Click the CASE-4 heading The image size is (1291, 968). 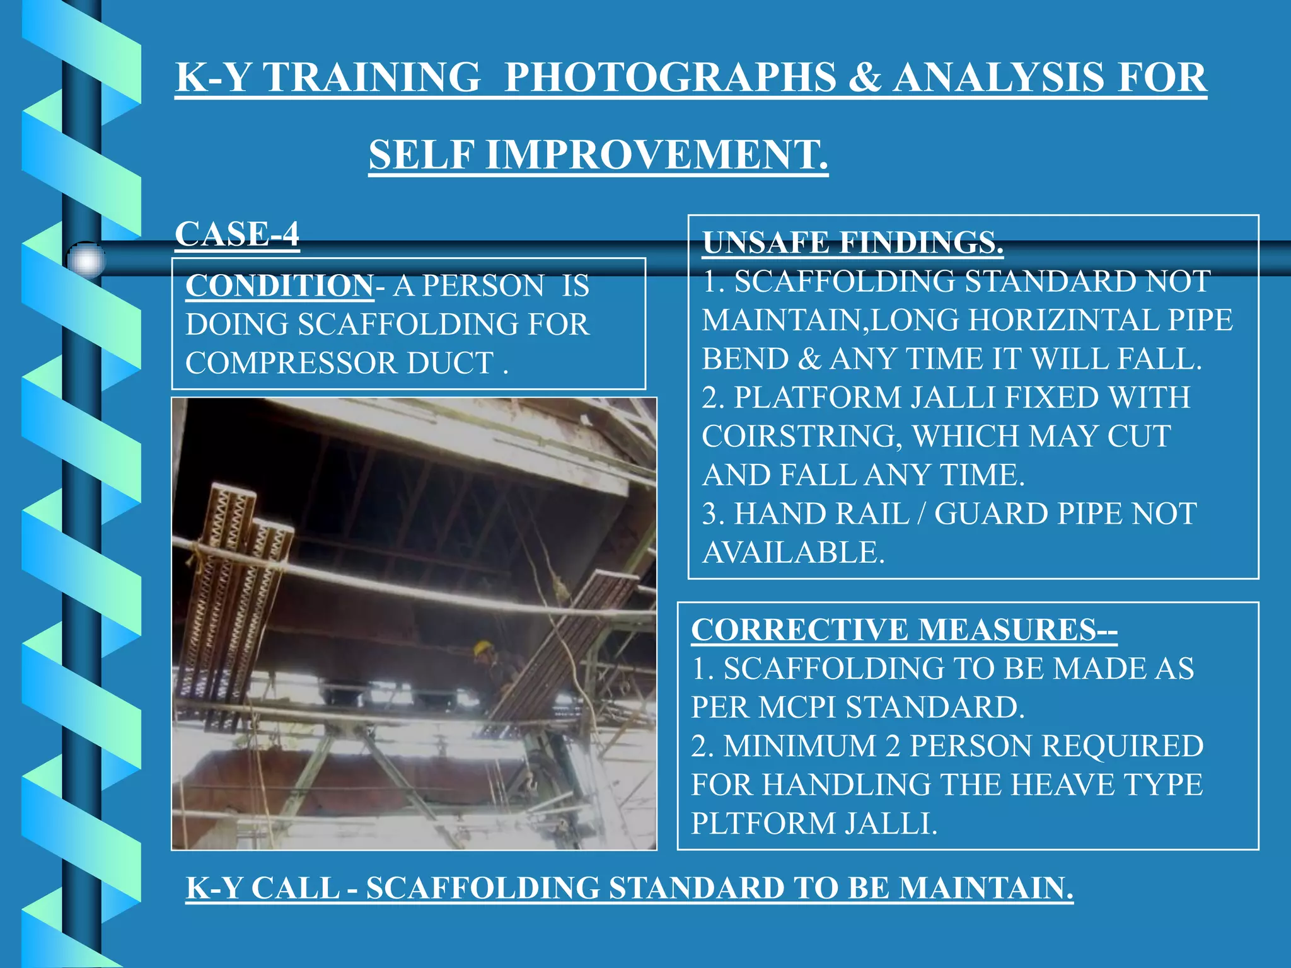pos(237,234)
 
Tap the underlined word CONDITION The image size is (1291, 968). pos(279,285)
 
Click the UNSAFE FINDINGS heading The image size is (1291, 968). pos(852,243)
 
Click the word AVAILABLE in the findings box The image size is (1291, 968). pos(793,553)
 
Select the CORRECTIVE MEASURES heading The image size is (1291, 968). pos(904,630)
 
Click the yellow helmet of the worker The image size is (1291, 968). pos(483,647)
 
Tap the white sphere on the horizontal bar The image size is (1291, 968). pos(86,260)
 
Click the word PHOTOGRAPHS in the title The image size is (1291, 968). pos(670,78)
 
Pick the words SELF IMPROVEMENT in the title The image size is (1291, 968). pos(598,155)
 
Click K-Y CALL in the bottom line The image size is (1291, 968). pos(263,888)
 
